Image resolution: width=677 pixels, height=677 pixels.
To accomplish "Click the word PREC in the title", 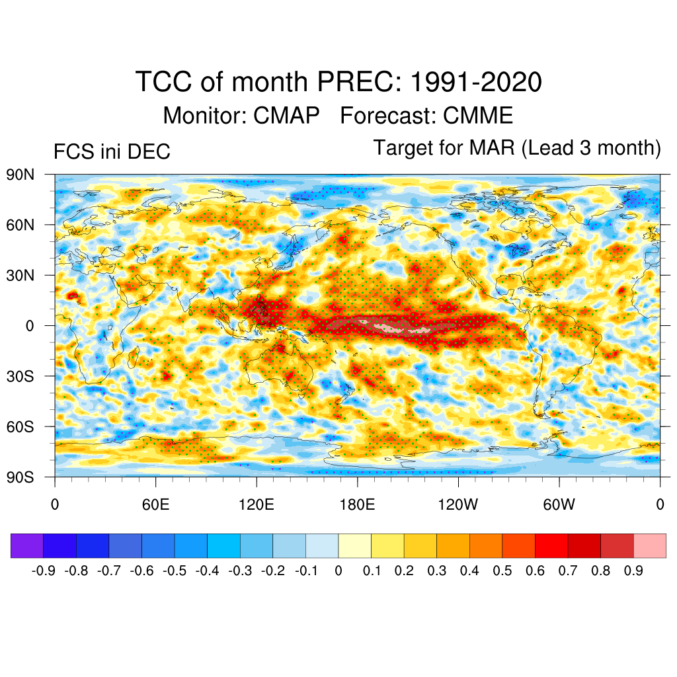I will [360, 83].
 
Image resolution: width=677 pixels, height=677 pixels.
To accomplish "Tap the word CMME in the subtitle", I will [477, 116].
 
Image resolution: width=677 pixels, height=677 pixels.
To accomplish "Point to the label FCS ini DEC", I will [112, 152].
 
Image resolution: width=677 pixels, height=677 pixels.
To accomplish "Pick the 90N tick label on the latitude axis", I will [20, 175].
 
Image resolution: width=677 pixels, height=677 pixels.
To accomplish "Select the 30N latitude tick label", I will [20, 275].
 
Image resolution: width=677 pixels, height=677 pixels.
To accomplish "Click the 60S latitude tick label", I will [20, 426].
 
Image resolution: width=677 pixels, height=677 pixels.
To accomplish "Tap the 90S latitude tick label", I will [20, 477].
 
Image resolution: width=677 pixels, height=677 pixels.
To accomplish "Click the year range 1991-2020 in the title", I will [476, 83].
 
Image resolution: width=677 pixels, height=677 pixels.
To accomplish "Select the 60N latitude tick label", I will [20, 225].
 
